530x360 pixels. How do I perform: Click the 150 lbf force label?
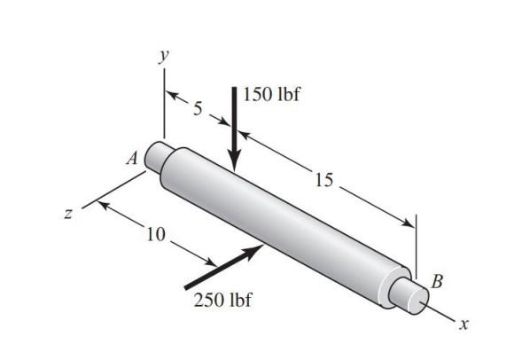tap(271, 95)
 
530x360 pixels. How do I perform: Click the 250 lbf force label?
tap(222, 300)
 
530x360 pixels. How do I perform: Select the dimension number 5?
tap(199, 109)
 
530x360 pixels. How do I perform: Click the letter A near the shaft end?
tap(131, 159)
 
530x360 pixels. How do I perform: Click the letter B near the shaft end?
tap(436, 282)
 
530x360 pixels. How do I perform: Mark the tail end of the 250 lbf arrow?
tap(187, 286)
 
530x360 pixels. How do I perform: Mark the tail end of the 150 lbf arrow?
tap(234, 90)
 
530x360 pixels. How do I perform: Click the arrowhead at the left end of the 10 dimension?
tap(98, 206)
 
